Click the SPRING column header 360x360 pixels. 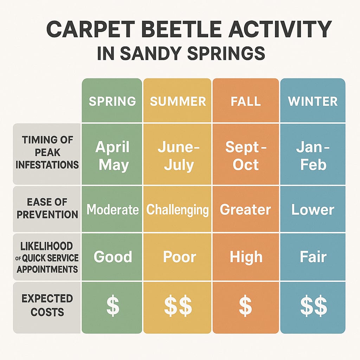point(112,101)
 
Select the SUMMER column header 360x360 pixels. point(178,101)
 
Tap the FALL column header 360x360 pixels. point(246,101)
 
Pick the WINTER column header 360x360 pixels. point(313,101)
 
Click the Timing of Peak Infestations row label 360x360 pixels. point(47,152)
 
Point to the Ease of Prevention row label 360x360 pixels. point(47,208)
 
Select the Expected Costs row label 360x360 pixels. point(47,305)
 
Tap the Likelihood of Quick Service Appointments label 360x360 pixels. point(47,257)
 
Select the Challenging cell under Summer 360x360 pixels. point(178,210)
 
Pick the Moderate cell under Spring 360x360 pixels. point(112,210)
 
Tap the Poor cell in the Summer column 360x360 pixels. point(178,257)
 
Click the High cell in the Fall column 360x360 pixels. point(246,257)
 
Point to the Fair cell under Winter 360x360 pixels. point(313,257)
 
